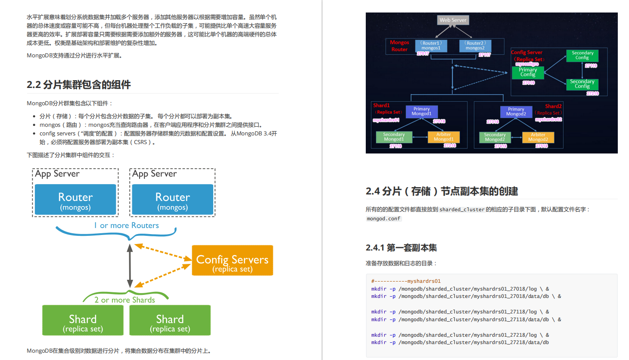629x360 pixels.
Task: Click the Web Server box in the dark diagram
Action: [x=453, y=20]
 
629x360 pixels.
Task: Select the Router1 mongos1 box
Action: [x=431, y=46]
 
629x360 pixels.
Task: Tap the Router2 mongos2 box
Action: [x=475, y=46]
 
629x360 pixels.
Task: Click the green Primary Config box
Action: [x=528, y=72]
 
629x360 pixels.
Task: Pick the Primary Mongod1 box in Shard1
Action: [x=421, y=111]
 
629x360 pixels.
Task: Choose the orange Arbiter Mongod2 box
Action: [x=538, y=137]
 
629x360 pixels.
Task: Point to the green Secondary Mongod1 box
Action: [x=394, y=137]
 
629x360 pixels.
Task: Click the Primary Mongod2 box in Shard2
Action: [x=516, y=112]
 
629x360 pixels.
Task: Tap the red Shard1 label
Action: [x=381, y=105]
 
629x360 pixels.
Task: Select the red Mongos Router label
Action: [x=399, y=46]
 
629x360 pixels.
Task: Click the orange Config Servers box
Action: [x=232, y=260]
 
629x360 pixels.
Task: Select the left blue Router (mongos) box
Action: [x=75, y=200]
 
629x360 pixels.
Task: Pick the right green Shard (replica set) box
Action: [x=170, y=320]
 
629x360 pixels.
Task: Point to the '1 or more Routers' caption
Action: [x=126, y=225]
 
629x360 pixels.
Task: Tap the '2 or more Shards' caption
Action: [x=125, y=300]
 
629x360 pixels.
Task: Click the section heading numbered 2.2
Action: [x=79, y=85]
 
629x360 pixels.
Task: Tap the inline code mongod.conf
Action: [x=383, y=219]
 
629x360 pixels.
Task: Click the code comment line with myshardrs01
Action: [x=406, y=281]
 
